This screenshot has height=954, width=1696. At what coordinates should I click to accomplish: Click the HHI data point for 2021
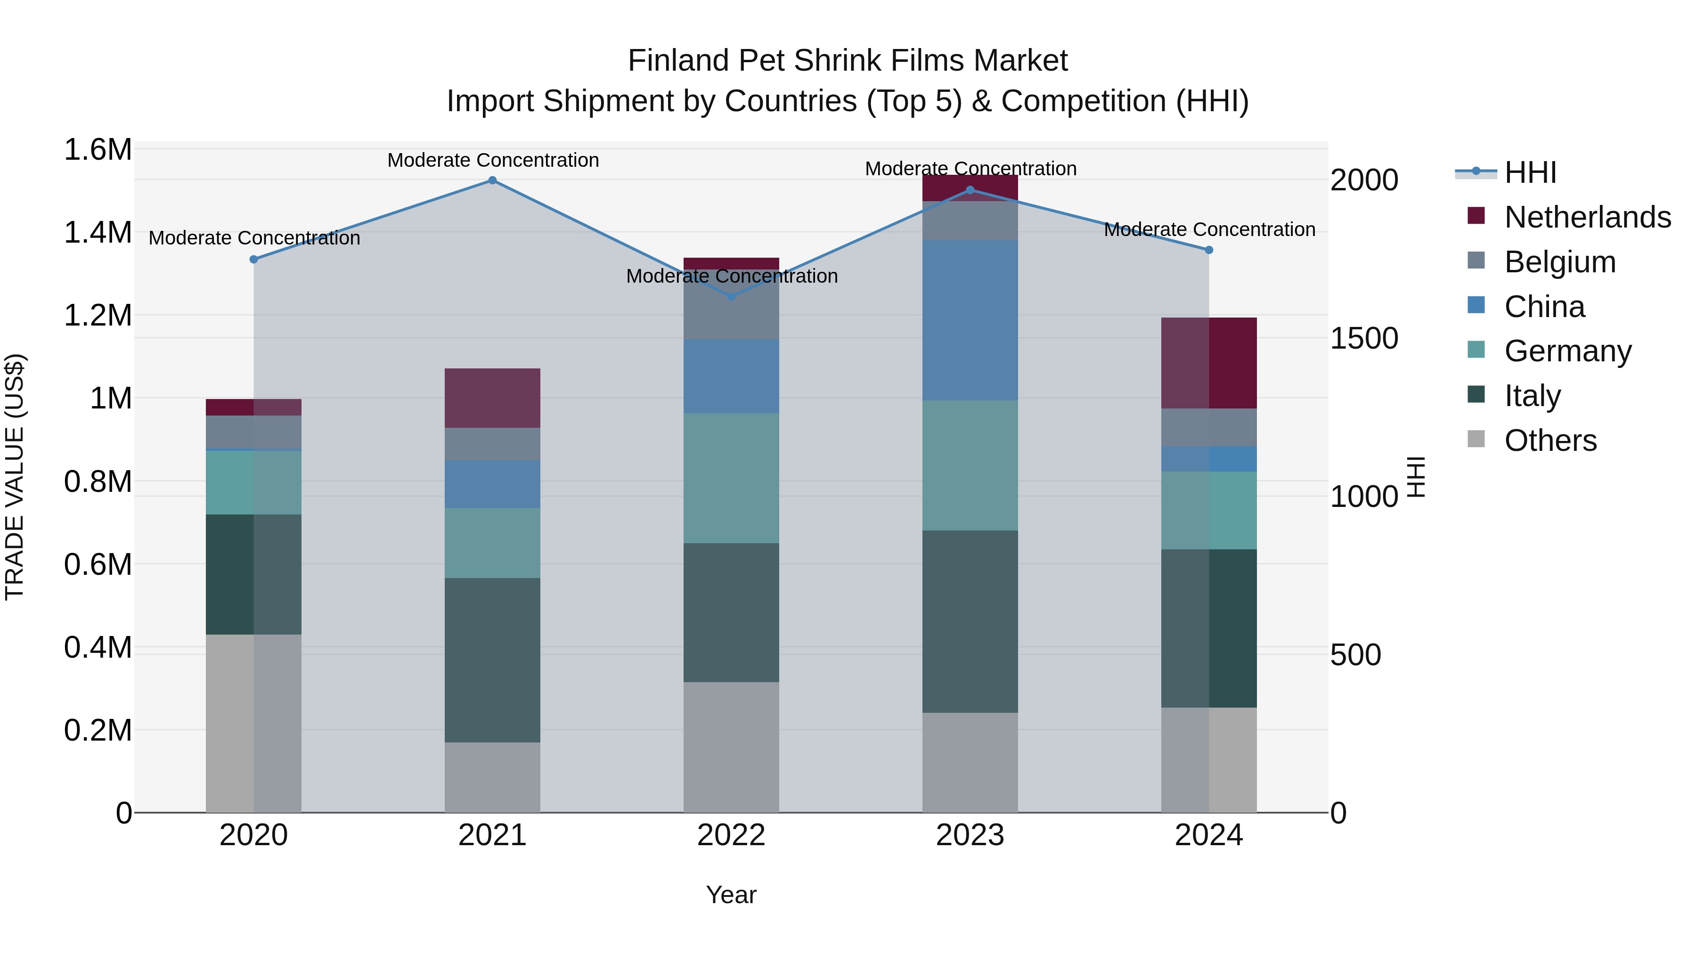(492, 180)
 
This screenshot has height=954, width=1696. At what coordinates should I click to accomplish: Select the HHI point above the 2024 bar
(1209, 250)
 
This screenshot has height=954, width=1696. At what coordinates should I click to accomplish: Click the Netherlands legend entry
(1587, 217)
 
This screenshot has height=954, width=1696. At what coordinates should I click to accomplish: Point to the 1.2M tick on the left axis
(98, 315)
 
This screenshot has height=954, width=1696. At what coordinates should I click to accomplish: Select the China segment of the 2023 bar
(970, 321)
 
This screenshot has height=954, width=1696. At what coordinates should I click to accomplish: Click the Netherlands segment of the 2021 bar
(492, 398)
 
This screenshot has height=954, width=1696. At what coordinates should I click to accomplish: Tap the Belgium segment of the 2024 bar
(1209, 427)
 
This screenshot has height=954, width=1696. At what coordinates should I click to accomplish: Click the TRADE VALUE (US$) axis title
(15, 477)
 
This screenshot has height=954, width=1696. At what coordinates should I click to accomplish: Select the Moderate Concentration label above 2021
(492, 161)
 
